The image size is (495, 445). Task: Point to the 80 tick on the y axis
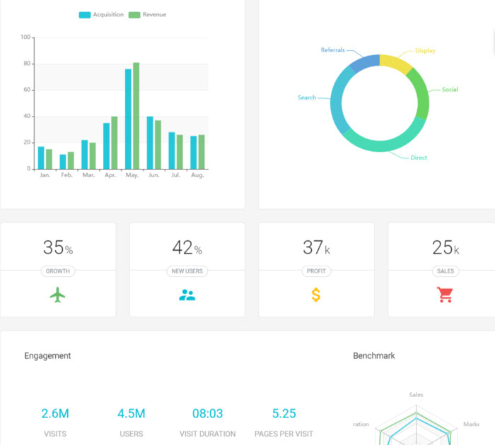[27, 64]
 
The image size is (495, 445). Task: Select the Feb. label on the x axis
[66, 175]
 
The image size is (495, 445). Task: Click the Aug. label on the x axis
[197, 175]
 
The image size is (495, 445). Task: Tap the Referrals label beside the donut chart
[332, 50]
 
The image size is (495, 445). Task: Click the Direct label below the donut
[419, 158]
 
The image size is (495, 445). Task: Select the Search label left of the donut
[307, 97]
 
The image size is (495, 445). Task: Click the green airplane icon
[58, 295]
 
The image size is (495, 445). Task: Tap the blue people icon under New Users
[187, 295]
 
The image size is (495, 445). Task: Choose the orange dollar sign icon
[316, 295]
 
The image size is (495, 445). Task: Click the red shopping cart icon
[445, 295]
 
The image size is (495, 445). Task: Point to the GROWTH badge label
[58, 271]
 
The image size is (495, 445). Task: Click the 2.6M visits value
[55, 414]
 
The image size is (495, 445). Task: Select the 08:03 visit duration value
[207, 414]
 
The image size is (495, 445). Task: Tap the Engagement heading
[47, 356]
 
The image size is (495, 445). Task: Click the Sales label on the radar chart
[417, 395]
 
